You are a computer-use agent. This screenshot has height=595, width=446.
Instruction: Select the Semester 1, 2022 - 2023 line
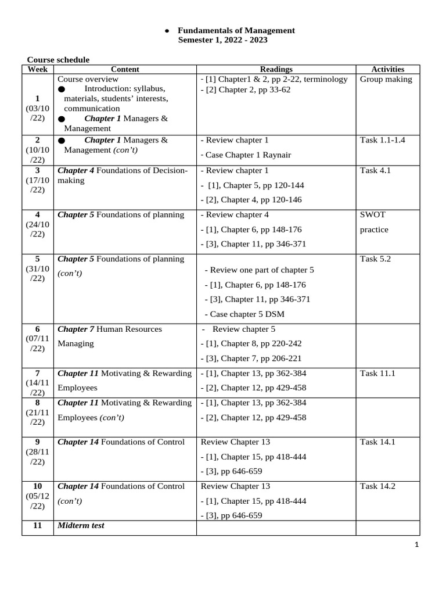pyautogui.click(x=223, y=41)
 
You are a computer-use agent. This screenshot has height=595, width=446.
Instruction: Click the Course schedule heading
pyautogui.click(x=59, y=60)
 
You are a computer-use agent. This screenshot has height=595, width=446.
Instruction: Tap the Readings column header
pyautogui.click(x=276, y=69)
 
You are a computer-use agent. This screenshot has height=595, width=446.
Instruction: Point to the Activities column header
pyautogui.click(x=387, y=69)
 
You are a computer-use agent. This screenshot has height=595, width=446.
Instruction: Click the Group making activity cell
pyautogui.click(x=386, y=79)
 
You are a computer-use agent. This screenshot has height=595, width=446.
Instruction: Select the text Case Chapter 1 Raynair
pyautogui.click(x=246, y=155)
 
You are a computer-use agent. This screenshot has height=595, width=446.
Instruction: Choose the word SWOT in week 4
pyautogui.click(x=373, y=214)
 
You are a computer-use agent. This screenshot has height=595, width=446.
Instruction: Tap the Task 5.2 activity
pyautogui.click(x=375, y=259)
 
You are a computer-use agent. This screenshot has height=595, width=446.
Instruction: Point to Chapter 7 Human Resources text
pyautogui.click(x=110, y=329)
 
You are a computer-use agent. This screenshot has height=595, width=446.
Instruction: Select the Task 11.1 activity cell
pyautogui.click(x=377, y=373)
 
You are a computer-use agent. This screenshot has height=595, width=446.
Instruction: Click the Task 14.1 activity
pyautogui.click(x=377, y=442)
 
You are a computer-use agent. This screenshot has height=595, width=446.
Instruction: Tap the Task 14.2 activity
pyautogui.click(x=377, y=486)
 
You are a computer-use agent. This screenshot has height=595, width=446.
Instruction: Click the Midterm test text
pyautogui.click(x=81, y=525)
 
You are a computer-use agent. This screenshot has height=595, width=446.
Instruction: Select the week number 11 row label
pyautogui.click(x=37, y=525)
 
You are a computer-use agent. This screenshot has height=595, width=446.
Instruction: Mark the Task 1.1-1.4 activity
pyautogui.click(x=383, y=140)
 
